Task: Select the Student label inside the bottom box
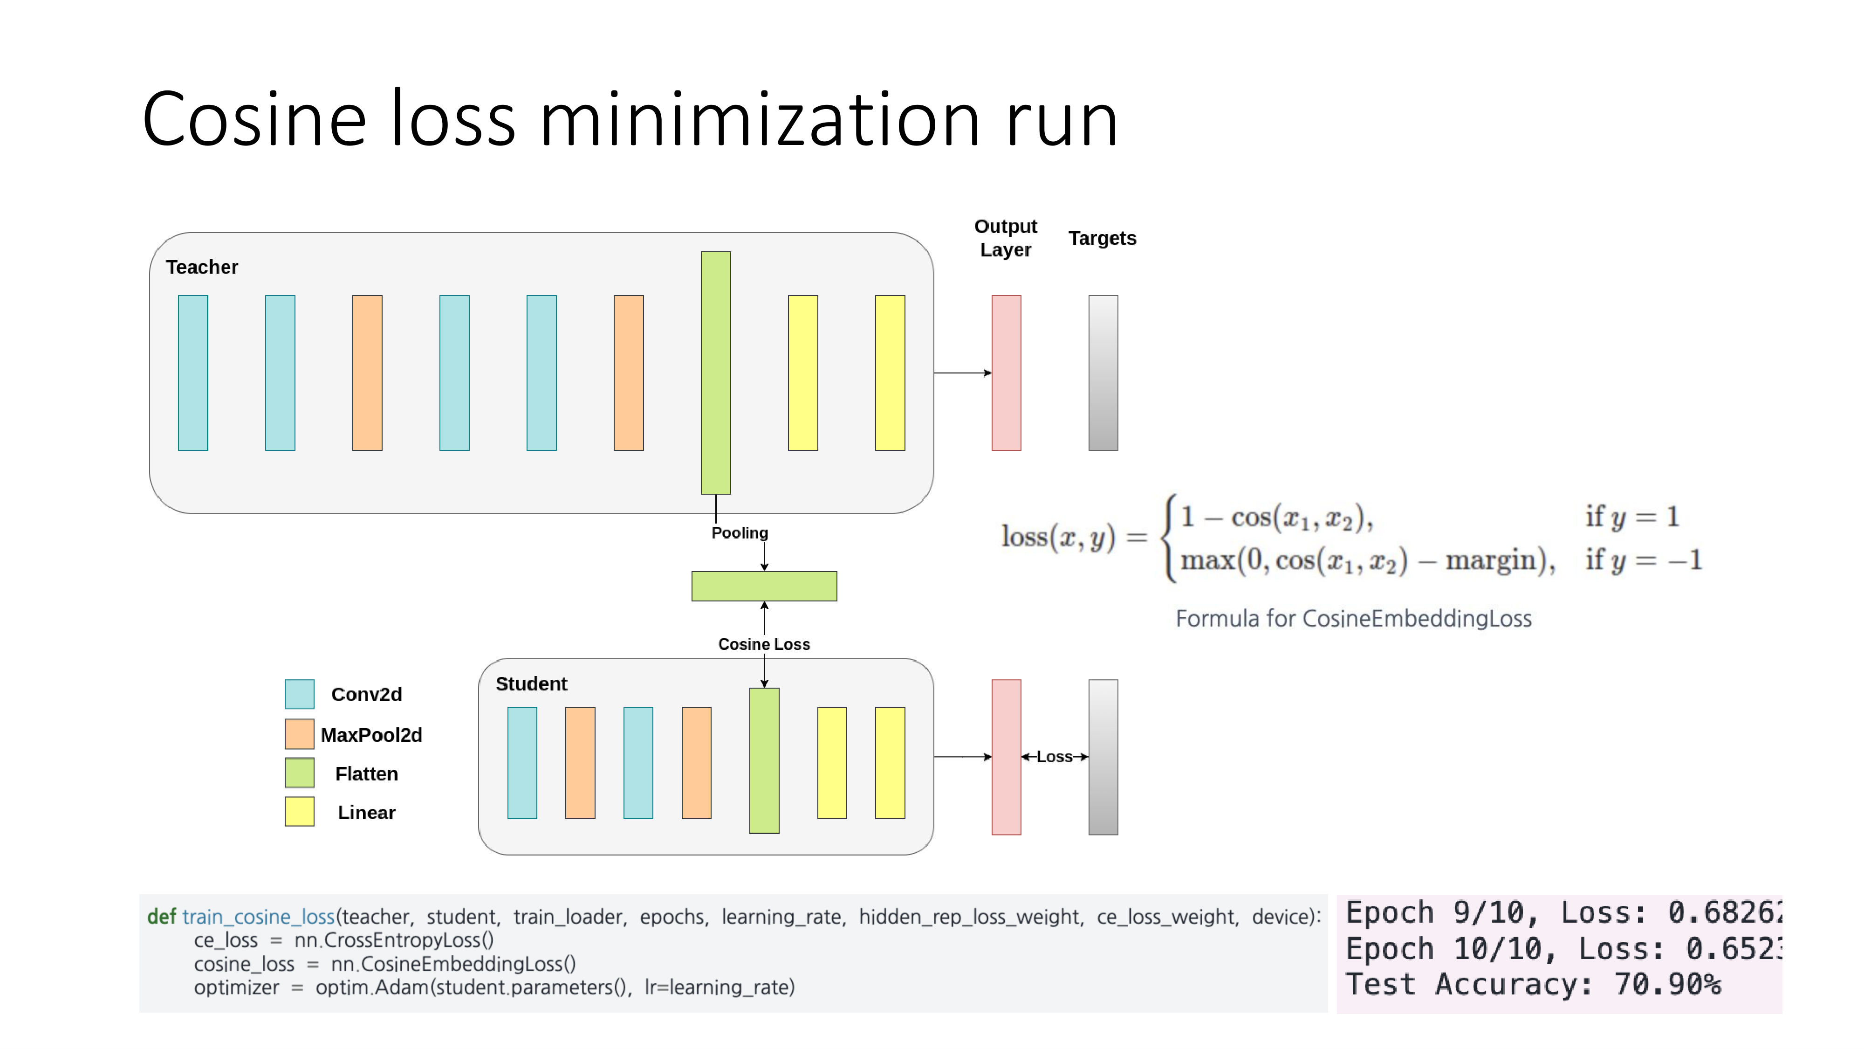[x=531, y=683]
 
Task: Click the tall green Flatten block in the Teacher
[x=716, y=373]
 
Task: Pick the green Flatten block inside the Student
[x=764, y=760]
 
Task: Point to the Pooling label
[x=740, y=533]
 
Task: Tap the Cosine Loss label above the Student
[x=764, y=644]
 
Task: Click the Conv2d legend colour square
[x=300, y=694]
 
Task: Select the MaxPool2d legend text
[x=371, y=735]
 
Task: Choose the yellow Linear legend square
[x=300, y=812]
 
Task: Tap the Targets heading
[x=1102, y=238]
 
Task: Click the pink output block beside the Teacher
[x=1006, y=373]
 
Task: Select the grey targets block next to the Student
[x=1103, y=757]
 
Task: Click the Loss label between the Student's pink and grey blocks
[x=1054, y=757]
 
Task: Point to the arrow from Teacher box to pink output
[x=962, y=373]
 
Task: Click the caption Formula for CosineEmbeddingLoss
[x=1353, y=618]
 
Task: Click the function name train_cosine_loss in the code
[x=258, y=917]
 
